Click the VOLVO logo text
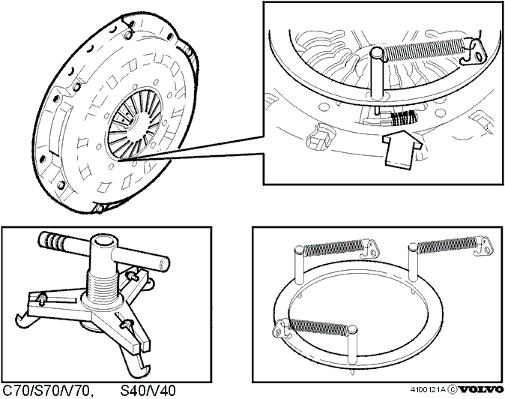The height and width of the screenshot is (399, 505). click(x=481, y=389)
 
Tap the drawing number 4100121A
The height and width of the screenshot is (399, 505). click(x=428, y=390)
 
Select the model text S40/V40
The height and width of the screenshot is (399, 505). click(x=148, y=391)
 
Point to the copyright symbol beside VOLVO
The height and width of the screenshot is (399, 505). click(x=453, y=390)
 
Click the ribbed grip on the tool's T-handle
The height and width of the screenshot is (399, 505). click(x=52, y=240)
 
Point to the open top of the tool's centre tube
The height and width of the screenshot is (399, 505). click(x=103, y=240)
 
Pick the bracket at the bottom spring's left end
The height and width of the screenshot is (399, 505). click(x=282, y=328)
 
